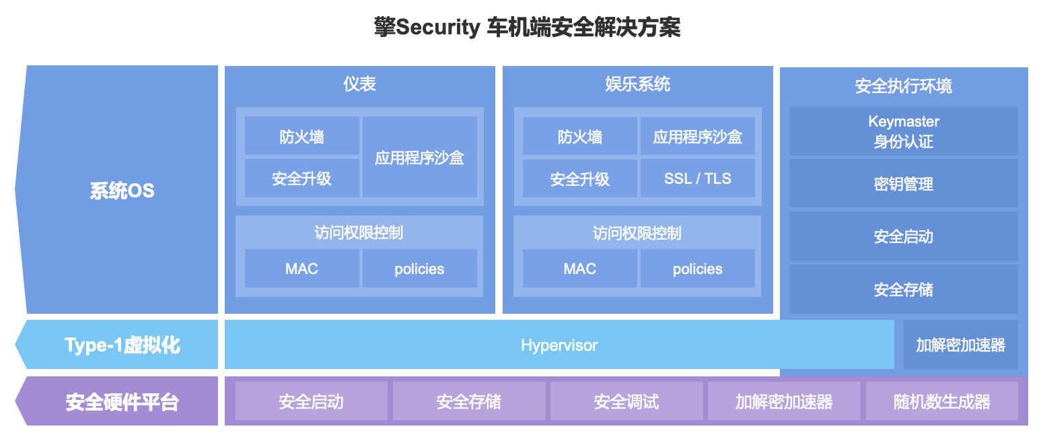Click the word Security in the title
tap(438, 28)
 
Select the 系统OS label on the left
tap(122, 191)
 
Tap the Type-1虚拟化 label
tap(122, 345)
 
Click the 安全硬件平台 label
tap(122, 402)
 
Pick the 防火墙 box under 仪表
tap(302, 136)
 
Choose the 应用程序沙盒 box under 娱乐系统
tap(698, 136)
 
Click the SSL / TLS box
tap(698, 178)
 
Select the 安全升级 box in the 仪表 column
tap(302, 178)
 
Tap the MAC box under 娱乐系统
tap(580, 269)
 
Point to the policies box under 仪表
tap(420, 269)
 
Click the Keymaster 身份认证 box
tap(904, 131)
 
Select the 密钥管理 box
tap(904, 184)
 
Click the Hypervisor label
tap(559, 345)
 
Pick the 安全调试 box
tap(626, 401)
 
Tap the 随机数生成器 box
tap(942, 401)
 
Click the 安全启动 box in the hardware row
tap(312, 401)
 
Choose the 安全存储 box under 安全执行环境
tap(904, 290)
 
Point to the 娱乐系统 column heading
tap(638, 84)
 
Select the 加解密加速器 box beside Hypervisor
tap(961, 345)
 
